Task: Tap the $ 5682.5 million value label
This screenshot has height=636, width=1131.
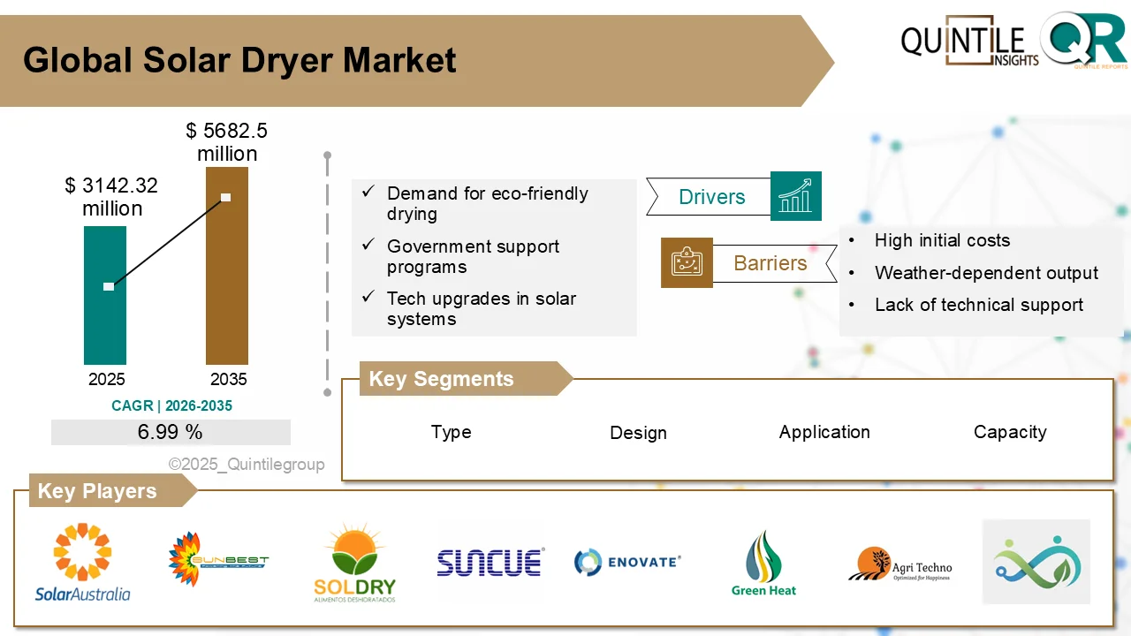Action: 227,142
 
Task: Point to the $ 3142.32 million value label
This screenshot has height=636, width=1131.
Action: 112,197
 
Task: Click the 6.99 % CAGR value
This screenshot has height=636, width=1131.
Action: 171,432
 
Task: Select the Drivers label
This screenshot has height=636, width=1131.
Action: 711,197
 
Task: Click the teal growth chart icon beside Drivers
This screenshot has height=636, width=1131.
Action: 795,196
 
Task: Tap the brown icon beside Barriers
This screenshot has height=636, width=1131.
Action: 687,262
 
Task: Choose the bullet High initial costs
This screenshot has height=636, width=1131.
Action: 942,240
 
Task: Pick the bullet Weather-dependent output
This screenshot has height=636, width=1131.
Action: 986,273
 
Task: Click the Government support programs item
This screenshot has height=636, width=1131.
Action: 473,256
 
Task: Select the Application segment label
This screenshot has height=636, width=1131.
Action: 824,432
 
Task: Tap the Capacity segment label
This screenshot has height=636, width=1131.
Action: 1010,432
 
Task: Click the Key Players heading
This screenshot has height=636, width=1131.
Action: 97,491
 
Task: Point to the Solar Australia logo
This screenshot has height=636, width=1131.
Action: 82,563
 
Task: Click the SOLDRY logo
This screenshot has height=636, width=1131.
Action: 354,563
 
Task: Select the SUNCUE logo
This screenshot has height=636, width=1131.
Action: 490,562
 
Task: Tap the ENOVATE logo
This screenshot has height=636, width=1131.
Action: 627,562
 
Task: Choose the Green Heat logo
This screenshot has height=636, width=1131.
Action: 763,564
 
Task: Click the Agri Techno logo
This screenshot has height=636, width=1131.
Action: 899,564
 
